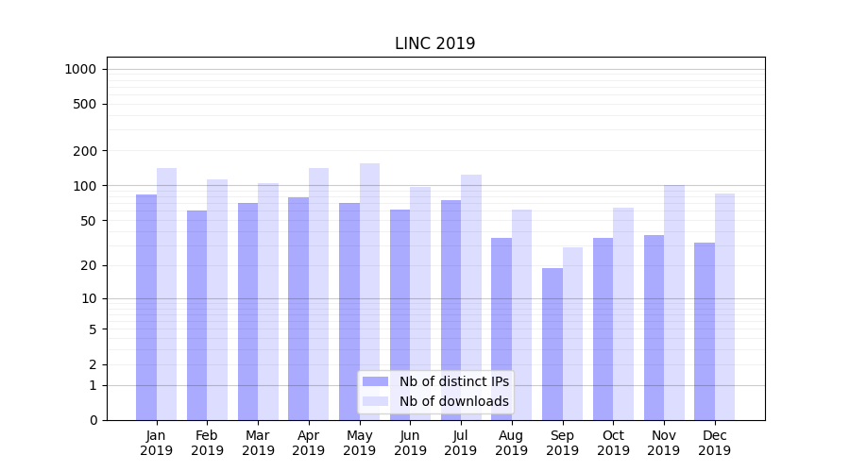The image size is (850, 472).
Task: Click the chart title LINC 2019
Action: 434,43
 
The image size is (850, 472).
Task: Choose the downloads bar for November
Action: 674,302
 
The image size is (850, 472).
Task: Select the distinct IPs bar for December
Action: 705,330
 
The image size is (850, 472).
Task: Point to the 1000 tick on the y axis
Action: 80,69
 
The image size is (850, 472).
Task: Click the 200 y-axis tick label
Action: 85,151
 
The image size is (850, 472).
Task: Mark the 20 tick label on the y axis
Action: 88,265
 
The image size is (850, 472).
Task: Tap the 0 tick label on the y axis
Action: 93,420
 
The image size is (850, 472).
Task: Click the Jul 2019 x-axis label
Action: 461,443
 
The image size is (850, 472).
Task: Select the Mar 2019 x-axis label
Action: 258,443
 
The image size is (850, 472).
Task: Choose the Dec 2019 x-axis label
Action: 714,443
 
